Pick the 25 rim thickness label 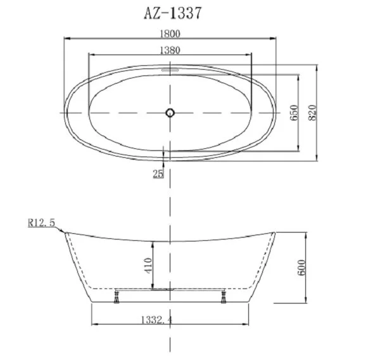click(158, 173)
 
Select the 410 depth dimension click(147, 263)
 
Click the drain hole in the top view click(170, 113)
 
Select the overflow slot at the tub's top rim click(170, 70)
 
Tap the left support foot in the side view click(117, 296)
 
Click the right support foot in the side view click(222, 296)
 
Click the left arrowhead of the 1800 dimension click(67, 39)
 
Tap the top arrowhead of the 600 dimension click(307, 234)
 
